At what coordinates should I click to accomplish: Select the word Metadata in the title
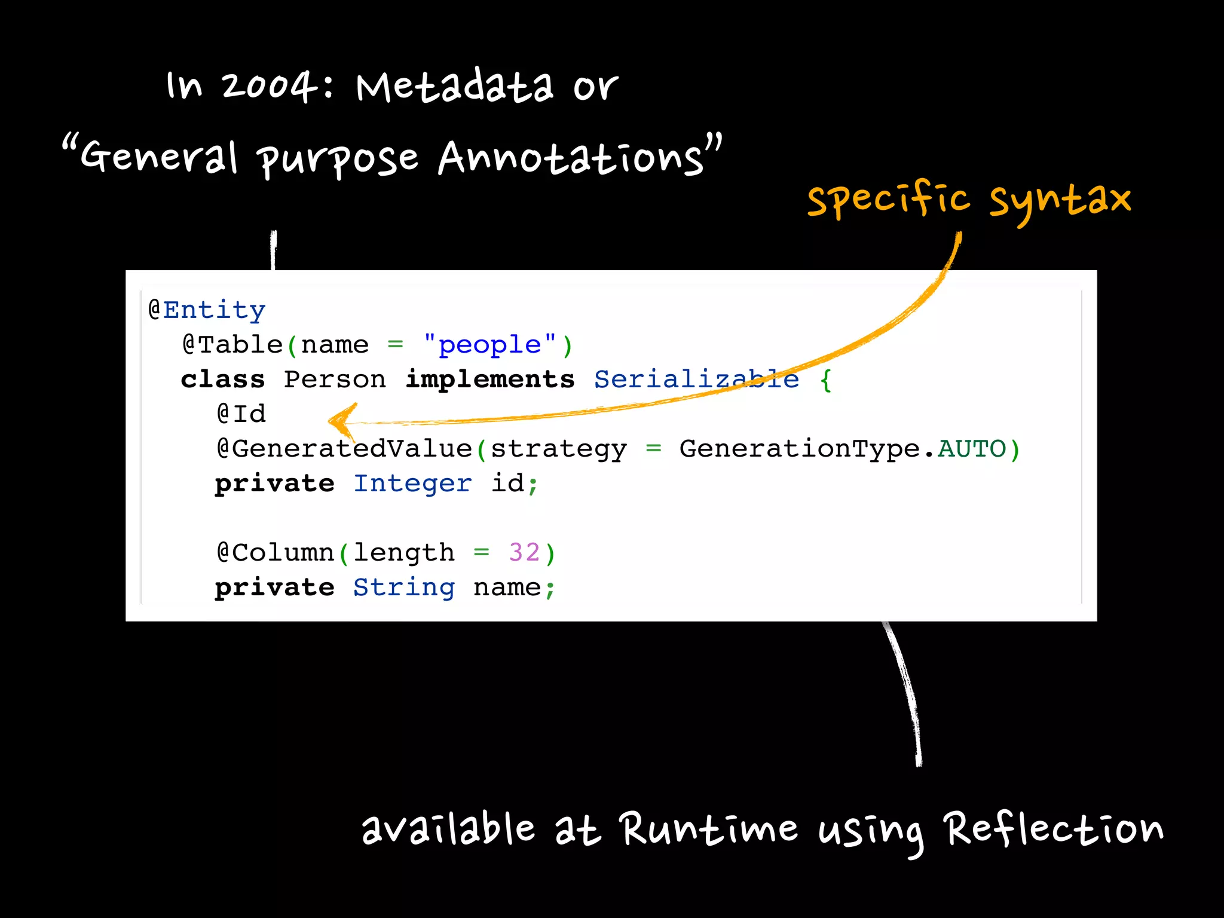tap(455, 87)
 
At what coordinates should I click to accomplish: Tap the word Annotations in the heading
tap(571, 158)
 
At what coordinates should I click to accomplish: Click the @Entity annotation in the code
tap(207, 310)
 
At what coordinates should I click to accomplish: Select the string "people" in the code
tap(489, 345)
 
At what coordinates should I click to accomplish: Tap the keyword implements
tap(489, 380)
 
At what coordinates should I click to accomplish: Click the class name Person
tap(335, 380)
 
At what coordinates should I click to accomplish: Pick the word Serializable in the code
tap(696, 380)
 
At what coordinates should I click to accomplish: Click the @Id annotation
tap(241, 414)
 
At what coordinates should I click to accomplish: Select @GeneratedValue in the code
tap(345, 449)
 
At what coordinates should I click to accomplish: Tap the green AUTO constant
tap(972, 449)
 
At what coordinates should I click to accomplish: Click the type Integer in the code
tap(412, 484)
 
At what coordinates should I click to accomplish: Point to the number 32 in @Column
tap(524, 553)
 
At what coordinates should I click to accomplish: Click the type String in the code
tap(404, 587)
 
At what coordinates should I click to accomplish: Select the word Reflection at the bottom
tap(1054, 829)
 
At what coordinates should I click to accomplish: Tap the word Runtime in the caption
tap(708, 829)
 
